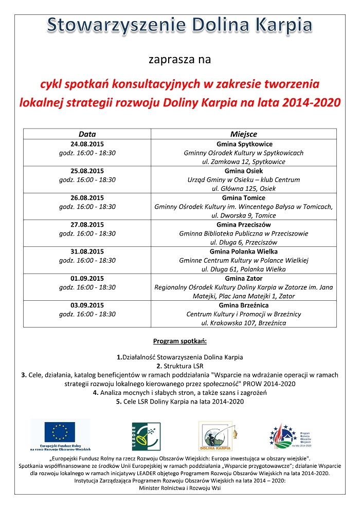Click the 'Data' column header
[x=87, y=134]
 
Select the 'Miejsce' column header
[x=244, y=134]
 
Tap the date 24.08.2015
[x=87, y=144]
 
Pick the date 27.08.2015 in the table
[x=87, y=225]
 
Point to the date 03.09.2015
[x=87, y=305]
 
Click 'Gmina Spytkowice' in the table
[x=244, y=144]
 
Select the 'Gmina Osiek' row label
[x=244, y=171]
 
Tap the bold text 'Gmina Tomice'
[x=244, y=197]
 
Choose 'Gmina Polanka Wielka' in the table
[x=244, y=251]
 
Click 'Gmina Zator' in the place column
[x=244, y=278]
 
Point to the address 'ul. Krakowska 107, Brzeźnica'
[x=244, y=323]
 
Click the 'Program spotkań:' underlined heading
[x=180, y=341]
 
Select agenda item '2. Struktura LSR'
[x=180, y=366]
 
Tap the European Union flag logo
[x=60, y=432]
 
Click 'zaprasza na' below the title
[x=180, y=60]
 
